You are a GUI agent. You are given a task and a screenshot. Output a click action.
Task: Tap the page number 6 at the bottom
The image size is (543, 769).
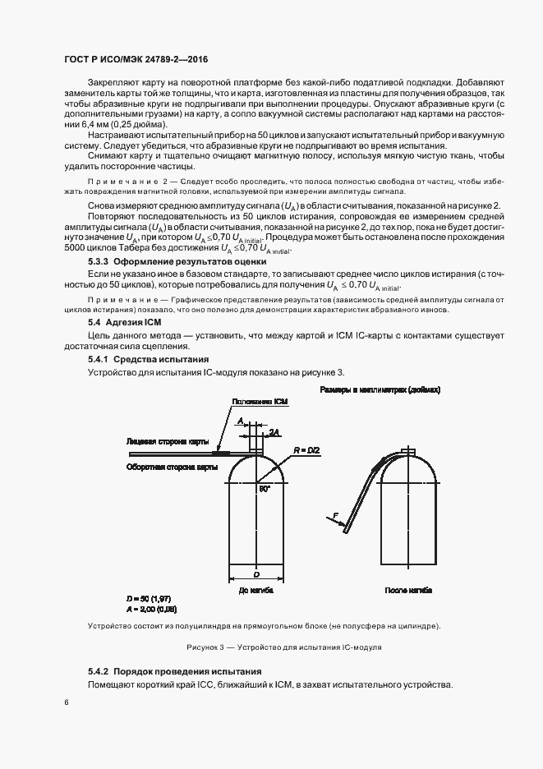(x=67, y=702)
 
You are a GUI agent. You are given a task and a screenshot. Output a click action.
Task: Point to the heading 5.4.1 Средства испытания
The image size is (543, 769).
(x=149, y=360)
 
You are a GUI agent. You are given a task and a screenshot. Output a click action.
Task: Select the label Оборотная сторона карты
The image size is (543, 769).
(x=173, y=466)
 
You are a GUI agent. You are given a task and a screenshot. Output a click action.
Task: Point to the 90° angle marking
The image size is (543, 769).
(x=264, y=488)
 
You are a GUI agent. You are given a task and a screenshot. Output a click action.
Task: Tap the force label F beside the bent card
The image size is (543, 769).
(x=335, y=515)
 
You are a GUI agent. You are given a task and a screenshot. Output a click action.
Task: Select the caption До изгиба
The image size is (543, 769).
(x=255, y=590)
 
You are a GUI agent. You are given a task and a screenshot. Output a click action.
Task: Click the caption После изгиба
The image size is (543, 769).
(x=408, y=590)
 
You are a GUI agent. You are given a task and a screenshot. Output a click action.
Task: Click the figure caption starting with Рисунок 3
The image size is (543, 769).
(x=284, y=647)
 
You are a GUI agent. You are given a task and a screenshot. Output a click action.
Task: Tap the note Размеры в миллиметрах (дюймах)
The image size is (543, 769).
(x=380, y=389)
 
